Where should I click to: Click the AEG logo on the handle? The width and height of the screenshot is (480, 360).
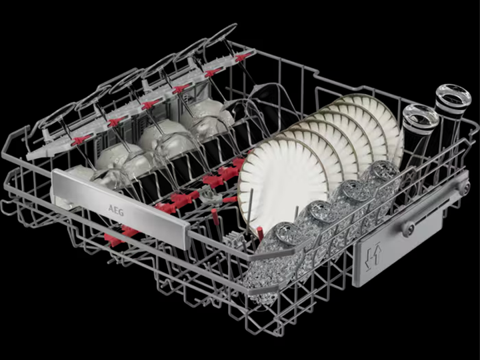[x=116, y=210]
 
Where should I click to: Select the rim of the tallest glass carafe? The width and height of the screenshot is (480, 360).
[x=453, y=95]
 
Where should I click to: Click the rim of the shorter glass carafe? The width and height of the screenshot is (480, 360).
[x=421, y=115]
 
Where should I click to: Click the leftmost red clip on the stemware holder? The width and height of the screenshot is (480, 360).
[x=81, y=140]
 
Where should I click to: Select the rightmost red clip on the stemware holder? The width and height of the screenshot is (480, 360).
[x=243, y=57]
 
